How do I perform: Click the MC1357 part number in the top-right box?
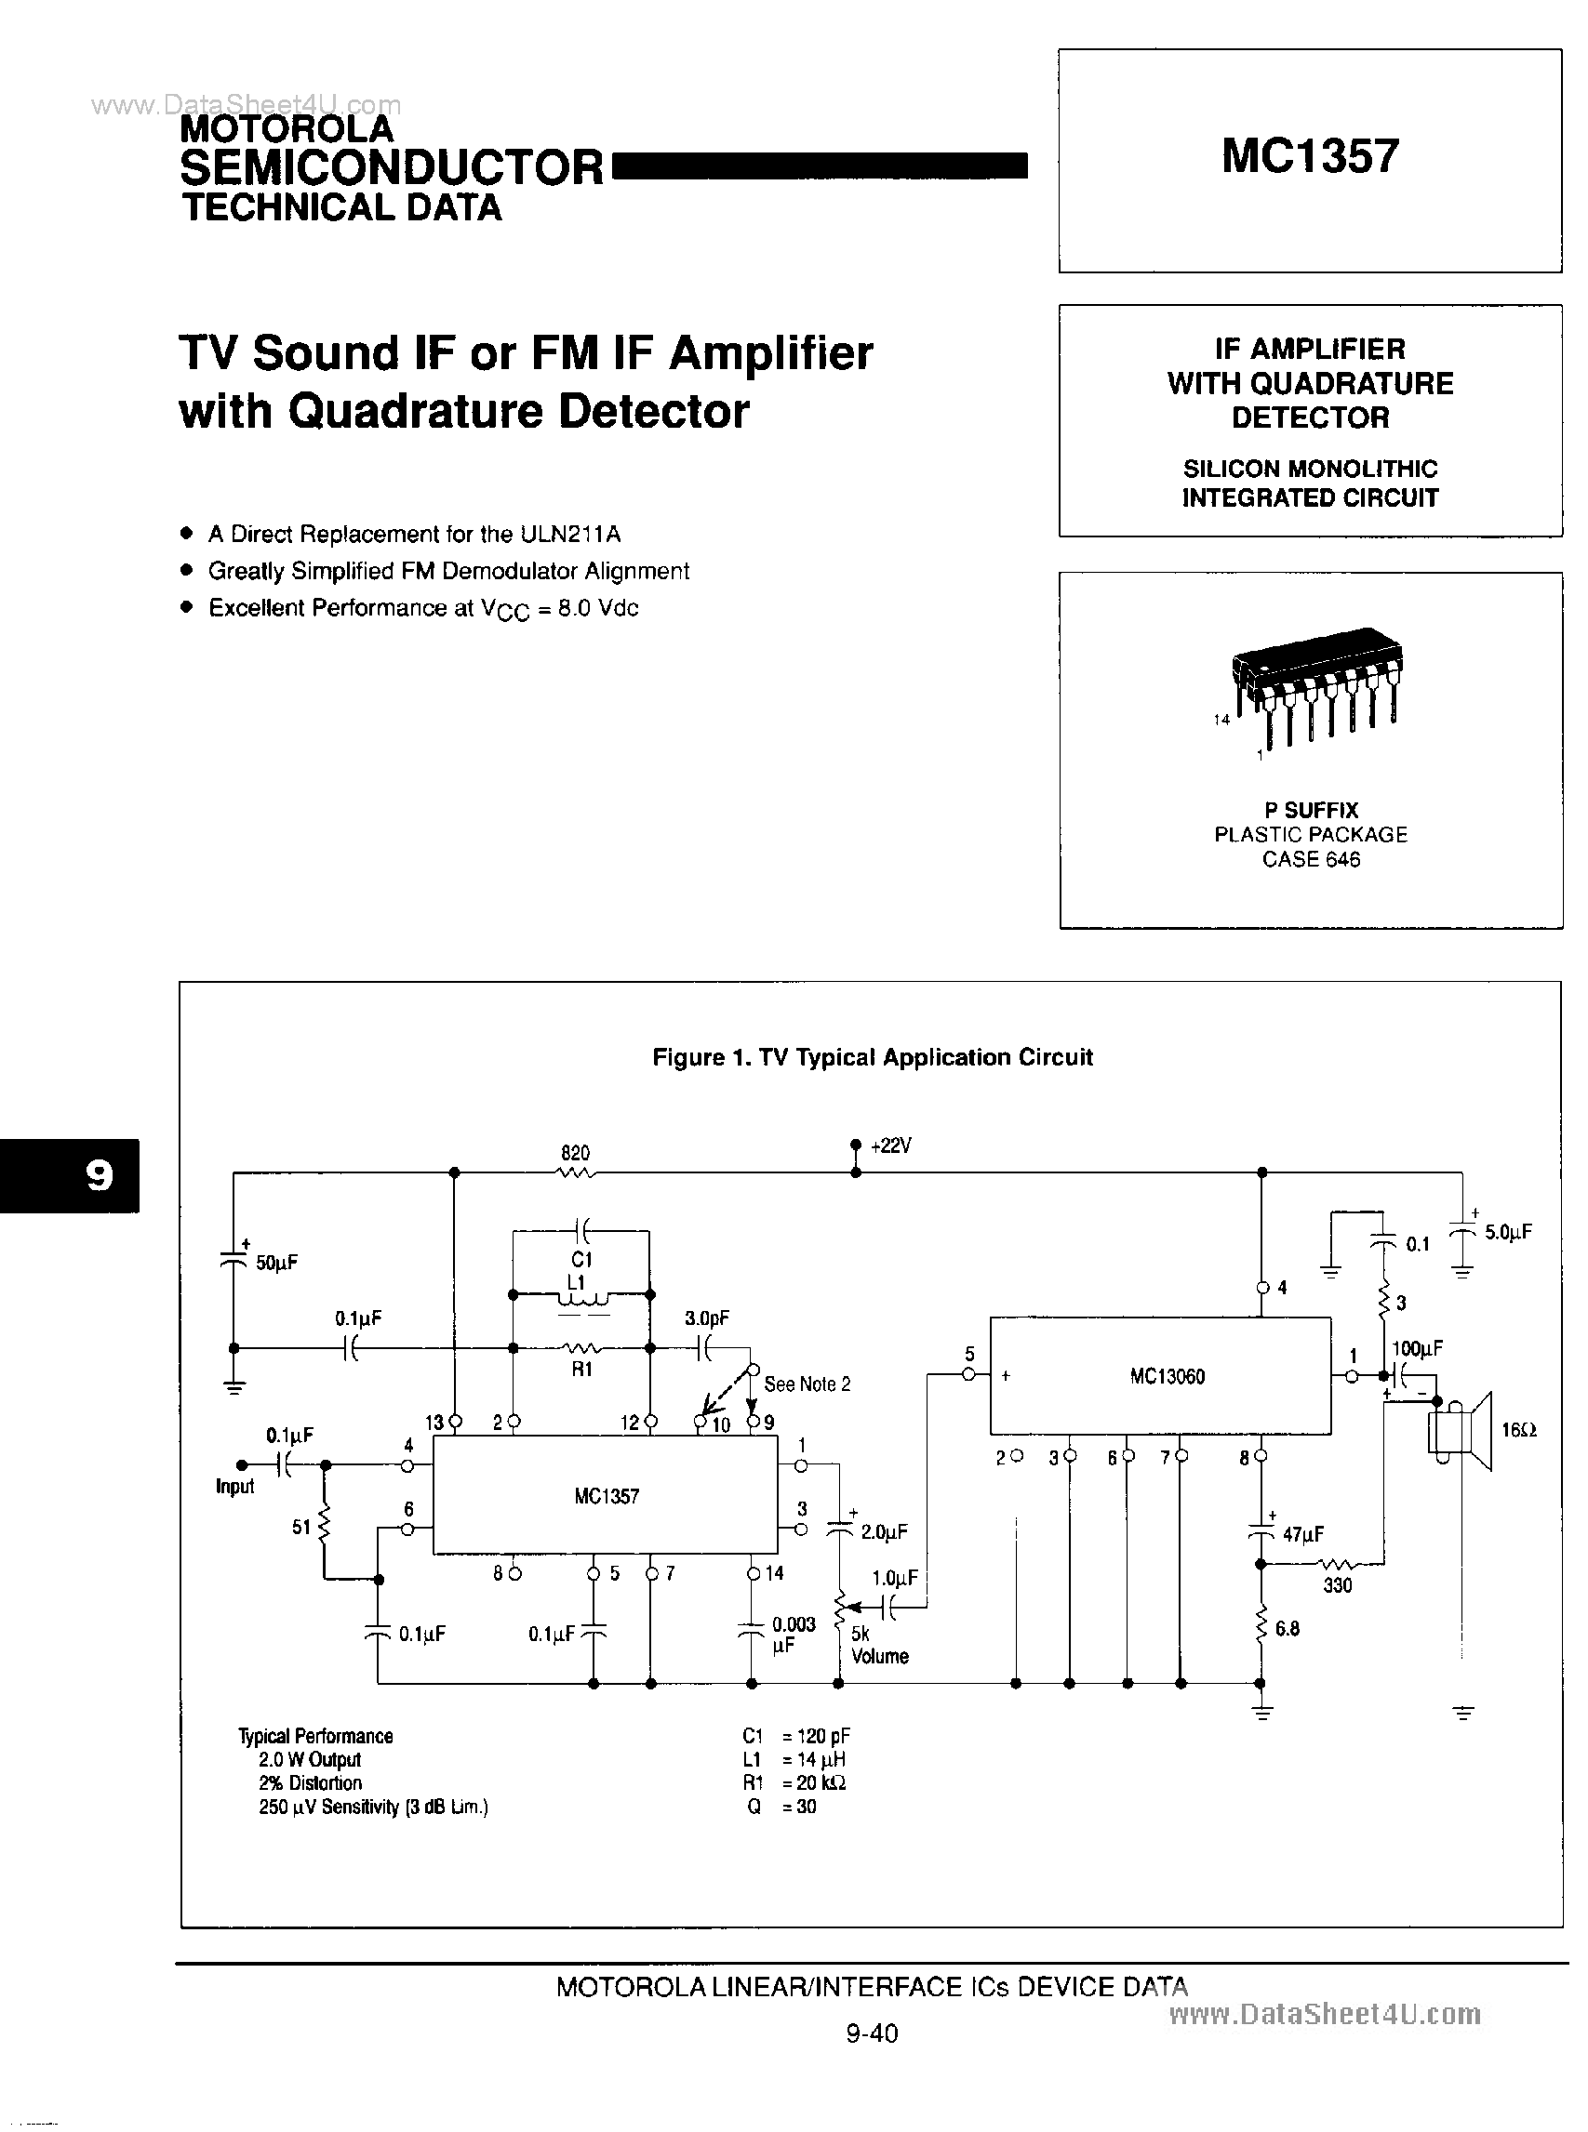[1309, 155]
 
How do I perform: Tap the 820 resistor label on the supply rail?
[575, 1152]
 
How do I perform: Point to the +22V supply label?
[891, 1145]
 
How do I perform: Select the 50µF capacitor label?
[277, 1263]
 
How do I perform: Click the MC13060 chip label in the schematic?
[1167, 1376]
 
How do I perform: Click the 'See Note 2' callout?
[807, 1384]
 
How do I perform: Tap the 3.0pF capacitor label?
[706, 1318]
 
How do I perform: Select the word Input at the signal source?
[234, 1487]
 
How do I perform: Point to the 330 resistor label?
[1337, 1585]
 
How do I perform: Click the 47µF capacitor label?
[1302, 1534]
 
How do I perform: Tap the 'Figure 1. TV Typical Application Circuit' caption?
[872, 1057]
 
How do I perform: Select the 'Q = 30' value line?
[781, 1807]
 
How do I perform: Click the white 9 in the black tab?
[99, 1175]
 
